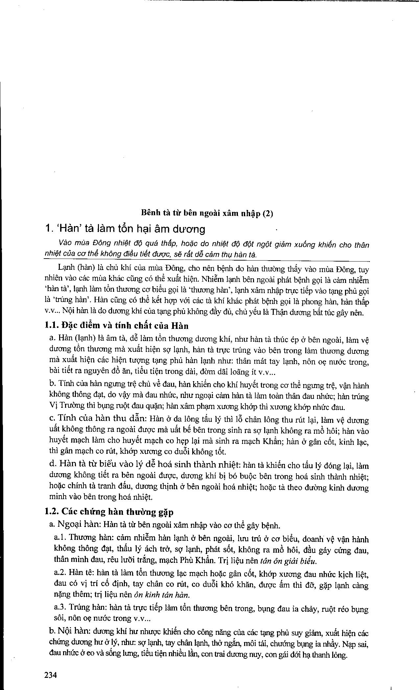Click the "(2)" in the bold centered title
268,213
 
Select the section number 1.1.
52,326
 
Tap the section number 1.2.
52,512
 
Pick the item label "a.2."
60,573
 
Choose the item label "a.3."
60,608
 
